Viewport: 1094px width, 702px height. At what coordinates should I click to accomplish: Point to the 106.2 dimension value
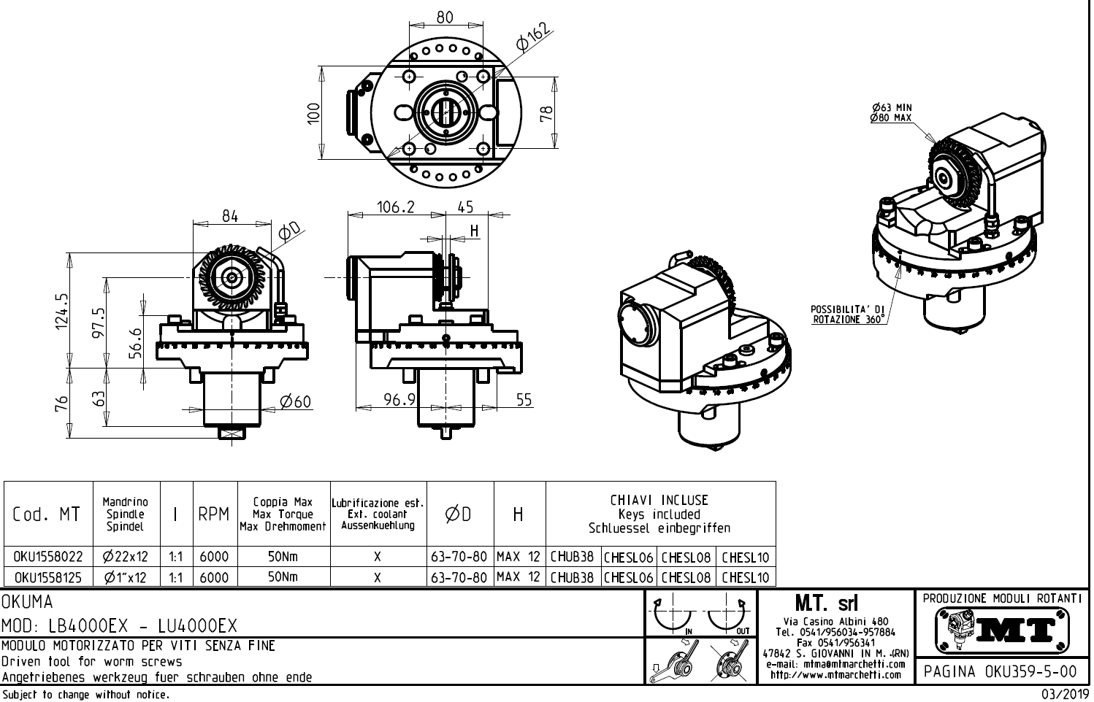coord(395,207)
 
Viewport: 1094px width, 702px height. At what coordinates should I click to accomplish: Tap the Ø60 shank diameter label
coord(295,401)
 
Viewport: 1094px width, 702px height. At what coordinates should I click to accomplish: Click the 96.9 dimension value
coord(399,399)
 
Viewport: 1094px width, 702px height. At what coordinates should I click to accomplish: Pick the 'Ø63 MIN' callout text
coord(891,107)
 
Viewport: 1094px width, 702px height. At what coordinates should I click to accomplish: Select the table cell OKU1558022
coord(48,557)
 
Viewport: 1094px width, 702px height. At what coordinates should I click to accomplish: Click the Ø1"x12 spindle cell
coord(126,577)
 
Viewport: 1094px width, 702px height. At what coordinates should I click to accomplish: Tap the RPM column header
coord(214,514)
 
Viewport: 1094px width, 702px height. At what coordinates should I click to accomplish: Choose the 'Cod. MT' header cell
coord(47,514)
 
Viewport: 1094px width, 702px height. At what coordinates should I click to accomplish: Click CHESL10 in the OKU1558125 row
coord(745,577)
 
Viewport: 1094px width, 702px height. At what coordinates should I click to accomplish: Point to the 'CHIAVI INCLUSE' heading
coord(659,501)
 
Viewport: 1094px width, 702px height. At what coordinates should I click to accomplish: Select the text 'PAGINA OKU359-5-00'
coord(1001,671)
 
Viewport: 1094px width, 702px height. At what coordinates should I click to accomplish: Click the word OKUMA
coord(28,603)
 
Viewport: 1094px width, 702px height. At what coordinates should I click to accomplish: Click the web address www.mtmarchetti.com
coord(835,675)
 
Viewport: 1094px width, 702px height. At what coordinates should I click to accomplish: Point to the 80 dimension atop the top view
coord(444,17)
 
